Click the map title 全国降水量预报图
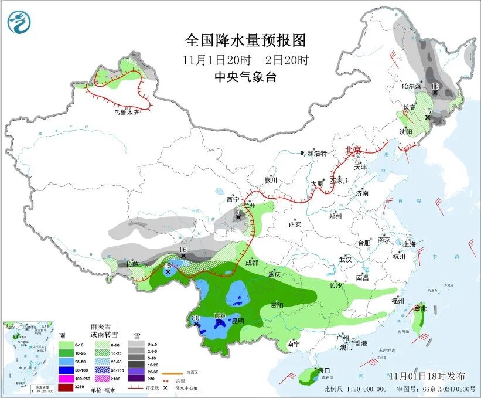coord(245,40)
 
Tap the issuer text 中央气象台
coord(245,77)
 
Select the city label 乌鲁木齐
coord(127,112)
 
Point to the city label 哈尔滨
coord(411,86)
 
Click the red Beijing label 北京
coord(354,149)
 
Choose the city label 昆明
coord(237,321)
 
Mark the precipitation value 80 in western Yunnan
coord(196,318)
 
